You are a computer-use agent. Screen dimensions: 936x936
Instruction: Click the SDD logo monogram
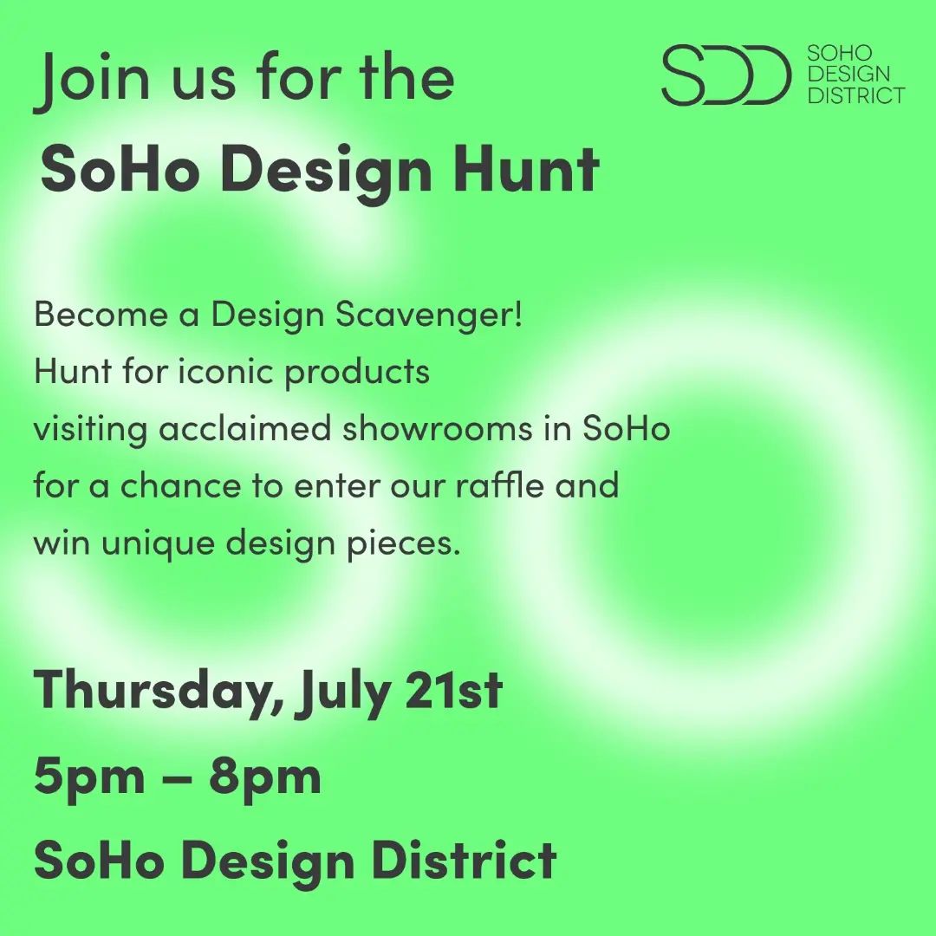(726, 75)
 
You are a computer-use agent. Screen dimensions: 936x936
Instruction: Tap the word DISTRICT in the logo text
(856, 95)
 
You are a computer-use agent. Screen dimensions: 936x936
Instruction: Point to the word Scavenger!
(429, 315)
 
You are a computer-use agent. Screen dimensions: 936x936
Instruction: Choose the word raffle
(500, 484)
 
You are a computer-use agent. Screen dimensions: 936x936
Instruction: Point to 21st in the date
(453, 690)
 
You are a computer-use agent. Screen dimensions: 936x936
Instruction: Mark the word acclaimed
(244, 429)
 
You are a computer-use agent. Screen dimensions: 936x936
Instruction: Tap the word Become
(101, 314)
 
